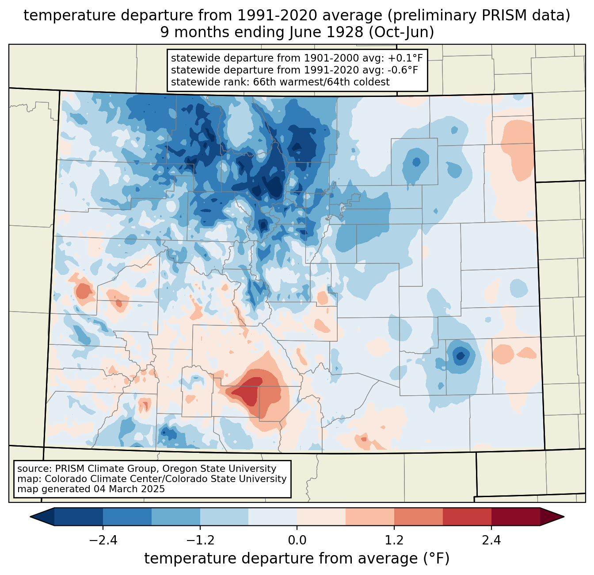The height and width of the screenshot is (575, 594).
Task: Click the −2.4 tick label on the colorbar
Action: (x=103, y=540)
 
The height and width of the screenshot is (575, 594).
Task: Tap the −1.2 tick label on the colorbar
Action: (x=200, y=540)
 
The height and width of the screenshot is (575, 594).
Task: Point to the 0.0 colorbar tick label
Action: (x=297, y=540)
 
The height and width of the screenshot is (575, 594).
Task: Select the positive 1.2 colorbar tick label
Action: (x=394, y=540)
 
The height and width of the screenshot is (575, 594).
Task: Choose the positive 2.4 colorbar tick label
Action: (x=491, y=540)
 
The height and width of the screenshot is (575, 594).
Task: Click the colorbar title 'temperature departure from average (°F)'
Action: (x=297, y=559)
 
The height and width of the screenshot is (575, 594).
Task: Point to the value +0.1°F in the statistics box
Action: (x=406, y=58)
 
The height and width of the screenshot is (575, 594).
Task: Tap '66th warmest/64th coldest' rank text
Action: (x=321, y=82)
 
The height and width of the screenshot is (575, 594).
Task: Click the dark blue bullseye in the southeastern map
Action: (x=461, y=355)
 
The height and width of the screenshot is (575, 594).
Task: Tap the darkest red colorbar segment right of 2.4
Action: (x=515, y=517)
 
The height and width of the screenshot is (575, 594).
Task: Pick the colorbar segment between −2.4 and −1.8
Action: (x=127, y=517)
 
